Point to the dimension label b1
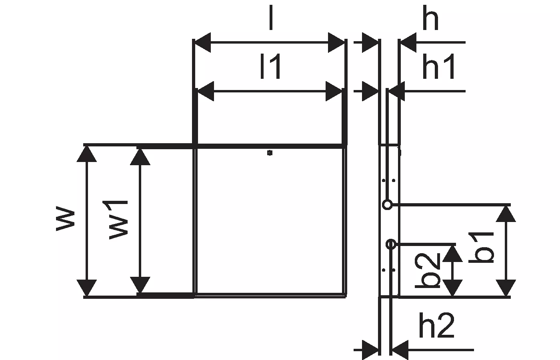pyautogui.click(x=482, y=249)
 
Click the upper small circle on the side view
pyautogui.click(x=387, y=205)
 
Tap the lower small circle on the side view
pyautogui.click(x=391, y=244)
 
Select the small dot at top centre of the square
pyautogui.click(x=270, y=152)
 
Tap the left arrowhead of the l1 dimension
pyautogui.click(x=205, y=91)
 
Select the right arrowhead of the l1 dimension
pyautogui.click(x=334, y=91)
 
